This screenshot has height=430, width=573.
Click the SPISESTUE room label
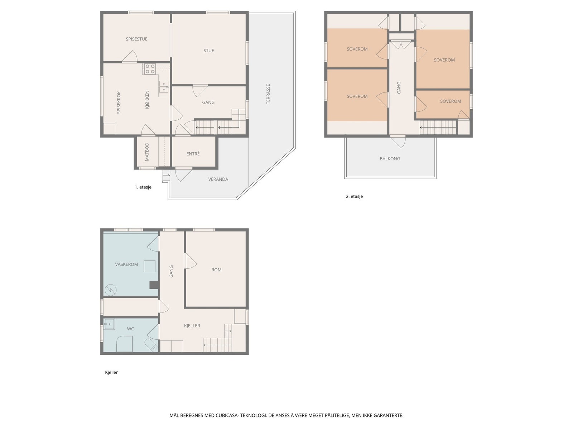click(x=136, y=39)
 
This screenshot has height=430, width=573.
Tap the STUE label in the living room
click(x=208, y=51)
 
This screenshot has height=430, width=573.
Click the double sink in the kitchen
click(x=164, y=87)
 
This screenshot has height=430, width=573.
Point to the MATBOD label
click(x=147, y=152)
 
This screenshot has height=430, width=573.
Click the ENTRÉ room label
click(x=193, y=154)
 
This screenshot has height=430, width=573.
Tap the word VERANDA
click(x=218, y=179)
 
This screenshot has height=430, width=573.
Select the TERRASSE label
click(x=268, y=94)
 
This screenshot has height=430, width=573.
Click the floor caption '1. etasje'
click(x=143, y=187)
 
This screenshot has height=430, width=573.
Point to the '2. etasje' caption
click(x=354, y=196)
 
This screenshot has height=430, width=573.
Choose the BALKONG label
click(x=390, y=158)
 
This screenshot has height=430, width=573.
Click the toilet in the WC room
click(x=151, y=345)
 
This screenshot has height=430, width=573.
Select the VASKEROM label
click(x=127, y=264)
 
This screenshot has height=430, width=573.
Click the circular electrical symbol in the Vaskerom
click(x=110, y=290)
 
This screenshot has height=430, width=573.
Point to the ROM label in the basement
click(x=216, y=270)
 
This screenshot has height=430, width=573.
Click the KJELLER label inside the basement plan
click(x=192, y=326)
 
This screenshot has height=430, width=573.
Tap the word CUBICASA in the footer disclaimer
click(x=227, y=415)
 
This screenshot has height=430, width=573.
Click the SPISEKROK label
click(x=119, y=102)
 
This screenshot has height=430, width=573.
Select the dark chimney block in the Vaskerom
click(x=154, y=285)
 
